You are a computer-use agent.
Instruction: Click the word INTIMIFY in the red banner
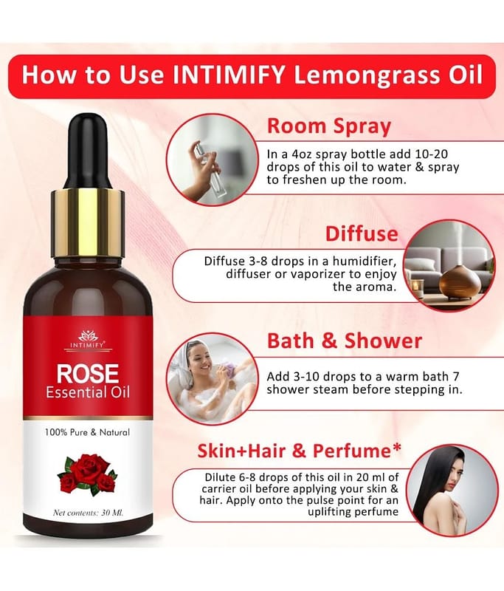coord(228,75)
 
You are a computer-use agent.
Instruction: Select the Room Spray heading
coord(329,126)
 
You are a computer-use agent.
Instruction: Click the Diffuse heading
coord(362,233)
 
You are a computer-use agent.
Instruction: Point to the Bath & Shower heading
coord(345,341)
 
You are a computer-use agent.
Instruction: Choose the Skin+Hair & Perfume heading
coord(300,451)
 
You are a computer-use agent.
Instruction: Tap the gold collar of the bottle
coord(88,223)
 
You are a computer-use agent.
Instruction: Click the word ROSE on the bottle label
coord(88,373)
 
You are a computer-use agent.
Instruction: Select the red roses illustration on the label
coord(87,474)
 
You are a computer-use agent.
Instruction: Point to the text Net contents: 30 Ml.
coord(88,513)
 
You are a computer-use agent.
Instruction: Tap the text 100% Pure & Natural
coord(87,432)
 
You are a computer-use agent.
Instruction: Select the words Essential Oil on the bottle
coord(88,393)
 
